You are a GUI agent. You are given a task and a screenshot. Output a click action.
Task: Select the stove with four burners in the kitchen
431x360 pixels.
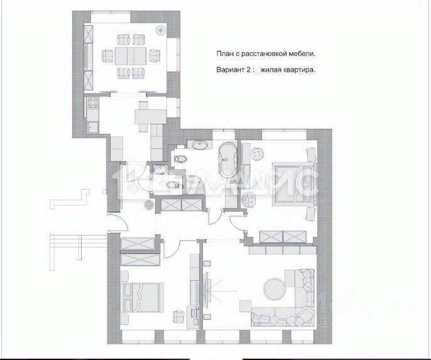92,104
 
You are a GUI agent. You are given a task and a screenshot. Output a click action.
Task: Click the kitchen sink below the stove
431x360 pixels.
92,126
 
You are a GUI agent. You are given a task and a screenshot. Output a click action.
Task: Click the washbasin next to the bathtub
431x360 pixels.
201,147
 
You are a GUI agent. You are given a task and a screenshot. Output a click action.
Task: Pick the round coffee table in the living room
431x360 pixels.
275,288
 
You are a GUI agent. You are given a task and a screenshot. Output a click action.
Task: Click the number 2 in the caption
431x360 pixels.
247,71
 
